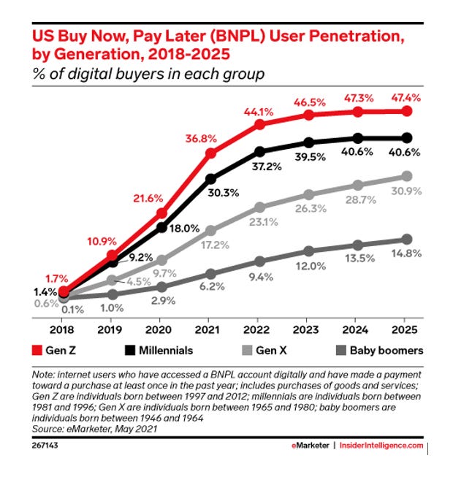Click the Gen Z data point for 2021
coord(210,153)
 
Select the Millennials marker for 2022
coord(259,152)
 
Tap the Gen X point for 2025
coord(407,176)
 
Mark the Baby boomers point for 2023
coord(308,251)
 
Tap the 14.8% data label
coord(406,253)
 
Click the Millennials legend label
coord(165,351)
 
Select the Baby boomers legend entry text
coord(387,351)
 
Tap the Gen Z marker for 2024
coord(358,112)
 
